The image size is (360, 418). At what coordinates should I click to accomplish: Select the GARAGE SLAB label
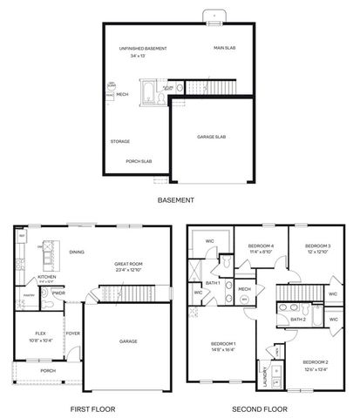click(212, 137)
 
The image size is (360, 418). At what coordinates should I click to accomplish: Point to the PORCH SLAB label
click(139, 161)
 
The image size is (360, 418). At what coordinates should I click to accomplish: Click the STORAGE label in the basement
click(120, 141)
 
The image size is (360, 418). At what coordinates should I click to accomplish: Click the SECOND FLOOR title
click(256, 408)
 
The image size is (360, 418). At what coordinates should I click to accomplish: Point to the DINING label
click(77, 252)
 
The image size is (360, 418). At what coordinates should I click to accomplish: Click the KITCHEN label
click(46, 277)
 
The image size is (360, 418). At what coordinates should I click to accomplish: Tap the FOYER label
click(73, 333)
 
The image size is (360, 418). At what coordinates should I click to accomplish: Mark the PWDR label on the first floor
click(59, 293)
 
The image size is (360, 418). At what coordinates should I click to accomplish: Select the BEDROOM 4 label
click(261, 246)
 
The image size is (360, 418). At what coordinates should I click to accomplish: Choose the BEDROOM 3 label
click(318, 246)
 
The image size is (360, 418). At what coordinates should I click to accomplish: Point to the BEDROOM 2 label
click(316, 361)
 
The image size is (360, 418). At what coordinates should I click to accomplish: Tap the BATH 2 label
click(297, 319)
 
